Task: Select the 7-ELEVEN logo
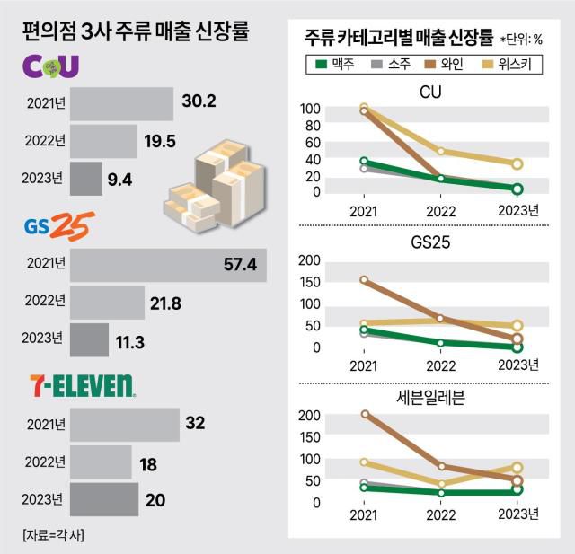click(x=79, y=386)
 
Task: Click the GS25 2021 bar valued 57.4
click(x=168, y=264)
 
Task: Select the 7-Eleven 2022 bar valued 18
click(x=102, y=462)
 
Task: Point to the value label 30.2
click(x=198, y=102)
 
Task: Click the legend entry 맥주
click(x=334, y=65)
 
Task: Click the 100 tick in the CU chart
click(x=309, y=109)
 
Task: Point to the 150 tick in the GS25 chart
click(x=309, y=281)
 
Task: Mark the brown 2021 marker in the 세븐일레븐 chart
click(x=364, y=415)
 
